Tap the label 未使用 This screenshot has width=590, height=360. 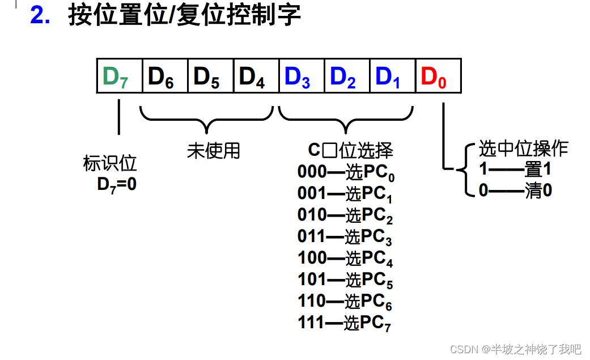coord(214,151)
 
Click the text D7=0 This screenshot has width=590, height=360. coord(117,184)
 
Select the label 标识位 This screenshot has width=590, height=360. coord(111,164)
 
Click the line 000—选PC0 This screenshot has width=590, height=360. coord(346,172)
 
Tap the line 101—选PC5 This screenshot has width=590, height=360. coord(345,280)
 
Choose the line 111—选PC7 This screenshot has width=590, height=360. coord(344,323)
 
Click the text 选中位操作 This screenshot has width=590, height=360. coord(523,149)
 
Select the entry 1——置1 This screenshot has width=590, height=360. coord(515,170)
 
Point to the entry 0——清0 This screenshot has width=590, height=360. coord(515,190)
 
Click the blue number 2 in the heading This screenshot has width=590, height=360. coord(40,16)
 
